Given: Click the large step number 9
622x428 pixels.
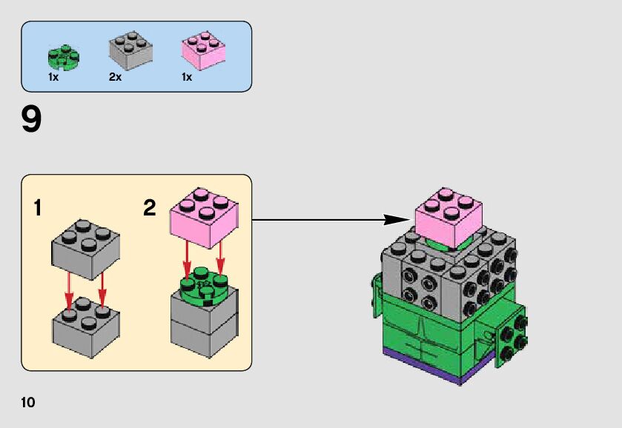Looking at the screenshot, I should click(31, 120).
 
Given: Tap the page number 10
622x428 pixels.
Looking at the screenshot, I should click(28, 403).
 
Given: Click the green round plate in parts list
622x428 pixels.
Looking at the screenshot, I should click(63, 56).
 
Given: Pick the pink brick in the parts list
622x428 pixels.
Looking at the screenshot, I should click(203, 51).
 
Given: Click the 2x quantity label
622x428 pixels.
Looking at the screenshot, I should click(115, 77).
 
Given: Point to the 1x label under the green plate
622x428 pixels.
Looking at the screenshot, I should click(54, 77).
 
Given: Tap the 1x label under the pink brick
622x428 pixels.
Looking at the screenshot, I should click(186, 77).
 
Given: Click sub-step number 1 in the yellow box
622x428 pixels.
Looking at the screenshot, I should click(38, 209).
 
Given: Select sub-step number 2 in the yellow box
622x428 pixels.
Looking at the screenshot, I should click(150, 209).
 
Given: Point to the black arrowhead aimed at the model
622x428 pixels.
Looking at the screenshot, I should click(397, 219).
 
